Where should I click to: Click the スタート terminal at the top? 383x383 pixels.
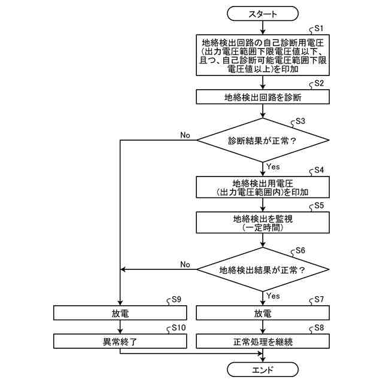click(263, 13)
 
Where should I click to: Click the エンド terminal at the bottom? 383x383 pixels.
click(263, 367)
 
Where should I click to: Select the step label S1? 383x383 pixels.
click(319, 28)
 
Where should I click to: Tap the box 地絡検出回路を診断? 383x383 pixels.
click(263, 97)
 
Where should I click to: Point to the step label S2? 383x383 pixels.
click(319, 83)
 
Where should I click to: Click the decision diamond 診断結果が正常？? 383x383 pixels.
click(263, 142)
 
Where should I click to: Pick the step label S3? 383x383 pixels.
click(300, 121)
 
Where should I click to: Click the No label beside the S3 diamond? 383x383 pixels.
click(185, 135)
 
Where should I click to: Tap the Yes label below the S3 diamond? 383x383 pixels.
click(273, 166)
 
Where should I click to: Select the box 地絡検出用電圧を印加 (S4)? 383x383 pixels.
click(263, 187)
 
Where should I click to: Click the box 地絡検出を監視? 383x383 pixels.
click(263, 223)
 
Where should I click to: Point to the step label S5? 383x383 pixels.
click(319, 205)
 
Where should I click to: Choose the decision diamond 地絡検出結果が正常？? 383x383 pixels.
click(263, 270)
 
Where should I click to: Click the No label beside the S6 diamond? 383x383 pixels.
click(185, 264)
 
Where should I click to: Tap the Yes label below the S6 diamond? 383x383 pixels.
click(273, 296)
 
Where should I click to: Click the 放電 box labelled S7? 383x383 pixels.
click(263, 313)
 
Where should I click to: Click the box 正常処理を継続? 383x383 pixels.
click(263, 342)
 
